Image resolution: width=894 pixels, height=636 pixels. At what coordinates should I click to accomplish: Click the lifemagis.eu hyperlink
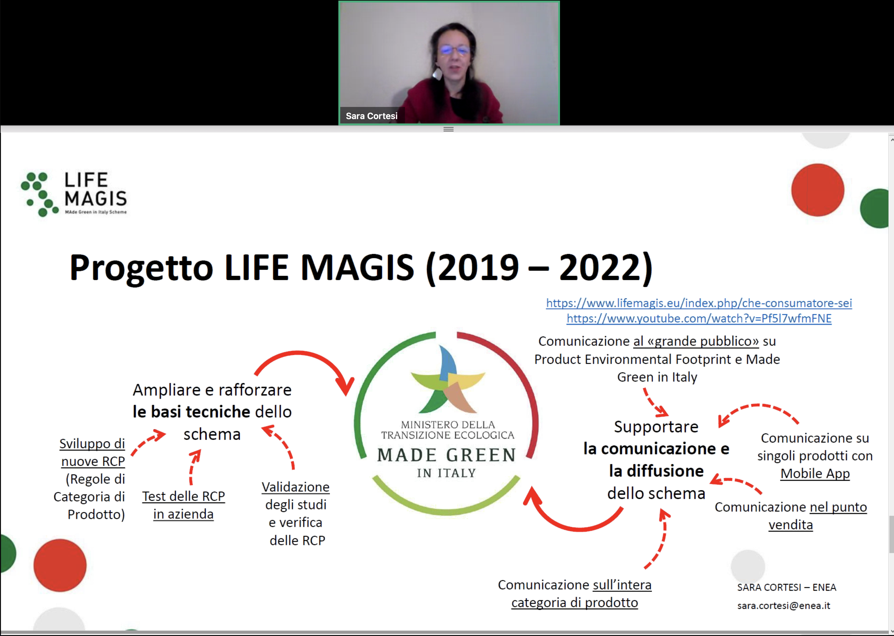click(x=699, y=303)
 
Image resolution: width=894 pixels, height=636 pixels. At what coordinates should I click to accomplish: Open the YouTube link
click(x=699, y=318)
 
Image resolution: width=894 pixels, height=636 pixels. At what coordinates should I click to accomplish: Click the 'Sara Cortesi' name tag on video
click(x=371, y=116)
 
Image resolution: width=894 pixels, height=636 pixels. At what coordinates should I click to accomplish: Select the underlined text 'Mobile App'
click(x=815, y=474)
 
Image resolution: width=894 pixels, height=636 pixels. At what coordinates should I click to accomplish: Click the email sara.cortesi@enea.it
click(x=783, y=605)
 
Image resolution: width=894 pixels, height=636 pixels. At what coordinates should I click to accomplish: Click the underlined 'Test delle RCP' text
click(x=184, y=496)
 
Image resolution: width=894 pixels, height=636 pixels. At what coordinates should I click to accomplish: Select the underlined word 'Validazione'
click(x=296, y=487)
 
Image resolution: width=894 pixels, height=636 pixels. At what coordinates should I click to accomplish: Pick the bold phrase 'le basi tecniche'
click(x=191, y=412)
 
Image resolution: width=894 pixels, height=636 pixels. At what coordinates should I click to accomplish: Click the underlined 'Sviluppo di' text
click(x=92, y=443)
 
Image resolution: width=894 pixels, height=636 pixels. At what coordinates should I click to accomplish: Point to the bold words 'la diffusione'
click(x=656, y=471)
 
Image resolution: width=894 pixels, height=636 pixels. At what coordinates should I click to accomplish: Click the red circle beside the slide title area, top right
click(x=818, y=190)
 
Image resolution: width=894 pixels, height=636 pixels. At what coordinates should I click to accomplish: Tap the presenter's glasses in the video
click(x=454, y=50)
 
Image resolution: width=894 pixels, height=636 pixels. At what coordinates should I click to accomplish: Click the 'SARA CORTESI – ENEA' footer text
click(x=787, y=587)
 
